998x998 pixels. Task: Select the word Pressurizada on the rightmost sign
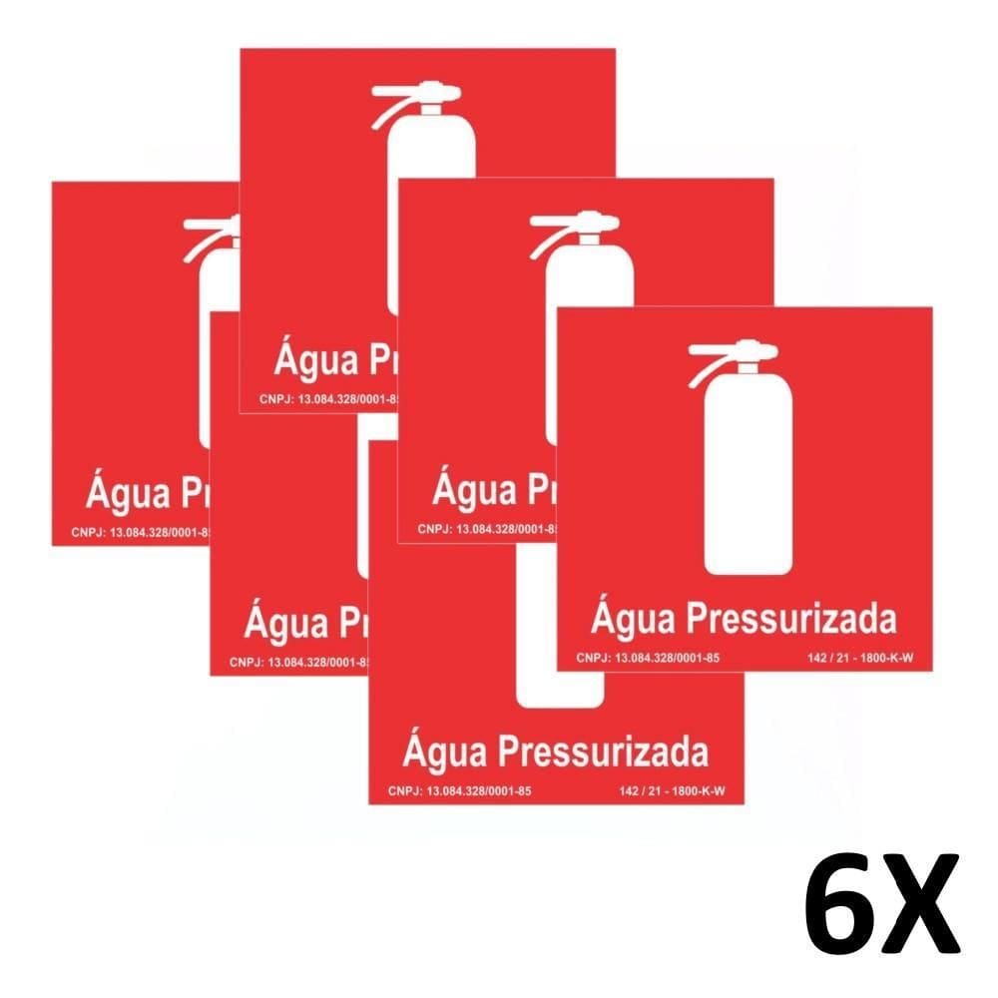[791, 618]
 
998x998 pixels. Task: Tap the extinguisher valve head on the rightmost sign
[746, 350]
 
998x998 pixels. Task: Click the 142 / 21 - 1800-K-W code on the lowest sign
[671, 791]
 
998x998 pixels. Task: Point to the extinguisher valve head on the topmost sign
[434, 94]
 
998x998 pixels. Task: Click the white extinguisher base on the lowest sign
[559, 694]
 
